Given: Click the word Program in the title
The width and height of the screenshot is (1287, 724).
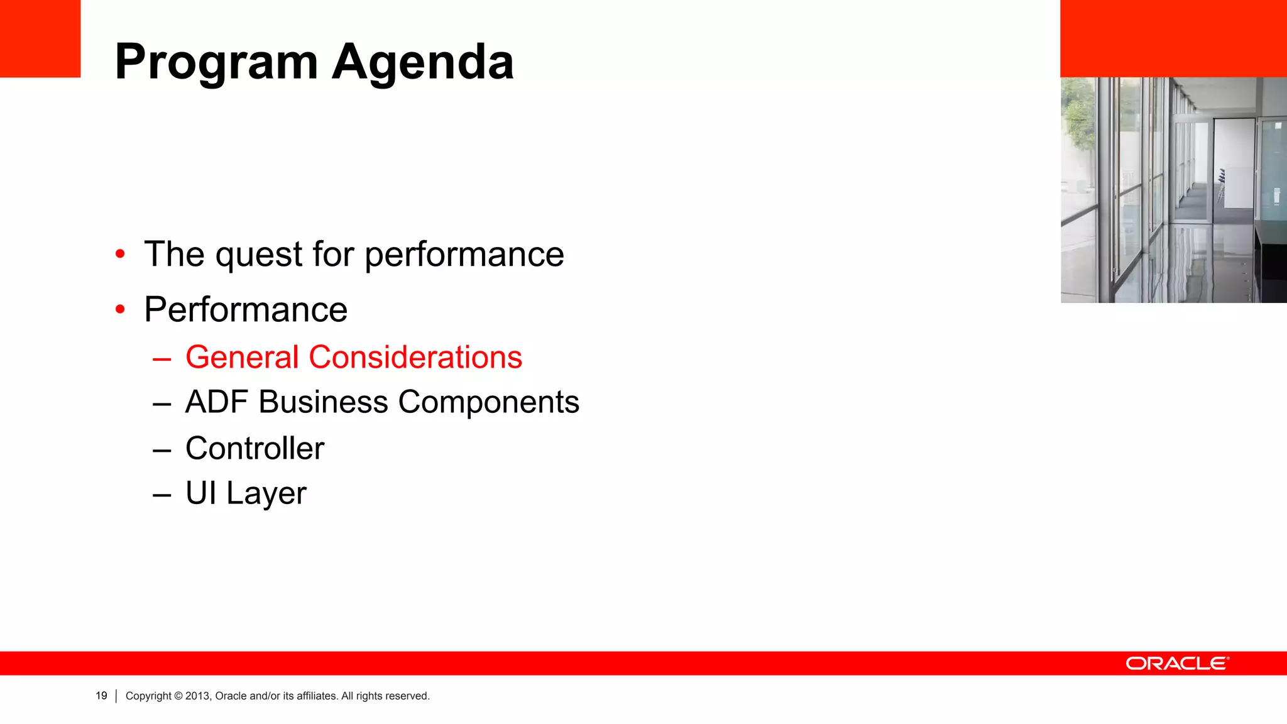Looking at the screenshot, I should pyautogui.click(x=216, y=63).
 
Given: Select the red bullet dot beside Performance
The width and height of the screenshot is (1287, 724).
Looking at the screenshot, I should pyautogui.click(x=120, y=309).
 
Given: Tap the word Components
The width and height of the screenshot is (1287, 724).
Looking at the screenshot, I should pyautogui.click(x=488, y=403).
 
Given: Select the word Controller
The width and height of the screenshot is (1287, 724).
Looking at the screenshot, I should pyautogui.click(x=255, y=448).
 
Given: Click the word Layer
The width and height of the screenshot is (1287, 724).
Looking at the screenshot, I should pyautogui.click(x=266, y=494).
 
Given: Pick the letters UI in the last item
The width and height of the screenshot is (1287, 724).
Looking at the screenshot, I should pyautogui.click(x=200, y=493).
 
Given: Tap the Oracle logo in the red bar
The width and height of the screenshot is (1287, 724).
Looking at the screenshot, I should pyautogui.click(x=1177, y=664).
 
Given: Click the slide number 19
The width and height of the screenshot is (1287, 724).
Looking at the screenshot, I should pyautogui.click(x=101, y=696).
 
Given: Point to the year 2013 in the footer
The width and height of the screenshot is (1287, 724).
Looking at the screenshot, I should pyautogui.click(x=197, y=696).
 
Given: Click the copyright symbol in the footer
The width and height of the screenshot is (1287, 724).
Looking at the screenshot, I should pyautogui.click(x=178, y=696).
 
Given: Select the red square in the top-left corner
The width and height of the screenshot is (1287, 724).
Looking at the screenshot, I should pyautogui.click(x=40, y=38).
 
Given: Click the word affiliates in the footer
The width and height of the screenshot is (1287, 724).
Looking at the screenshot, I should pyautogui.click(x=317, y=696).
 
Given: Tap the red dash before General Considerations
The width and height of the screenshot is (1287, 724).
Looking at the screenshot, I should pyautogui.click(x=162, y=359).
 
